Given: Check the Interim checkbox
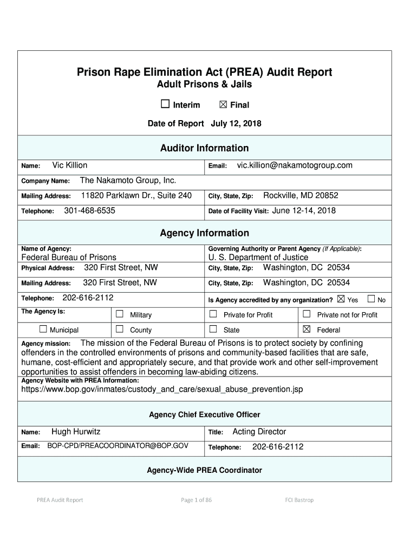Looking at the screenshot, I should click(x=165, y=104).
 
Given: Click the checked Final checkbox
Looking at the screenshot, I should click(x=223, y=104).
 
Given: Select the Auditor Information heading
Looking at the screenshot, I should click(x=205, y=148).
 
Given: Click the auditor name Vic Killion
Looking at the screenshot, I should click(x=69, y=165).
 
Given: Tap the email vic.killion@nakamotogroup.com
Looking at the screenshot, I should click(x=295, y=165).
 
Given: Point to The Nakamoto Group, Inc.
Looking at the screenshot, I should click(x=128, y=180).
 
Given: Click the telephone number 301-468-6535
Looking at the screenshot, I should click(x=89, y=210).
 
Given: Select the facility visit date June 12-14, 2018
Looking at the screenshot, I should click(x=304, y=210).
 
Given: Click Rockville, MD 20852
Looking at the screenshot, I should click(x=300, y=195).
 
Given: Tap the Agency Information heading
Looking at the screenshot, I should click(x=205, y=233).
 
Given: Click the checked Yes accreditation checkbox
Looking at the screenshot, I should click(x=341, y=299).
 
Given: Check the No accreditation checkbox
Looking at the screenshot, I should click(x=371, y=299).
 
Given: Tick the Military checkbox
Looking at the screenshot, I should click(x=119, y=314).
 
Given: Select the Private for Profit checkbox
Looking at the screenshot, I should click(x=213, y=314).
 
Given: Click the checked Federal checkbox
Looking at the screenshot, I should click(x=307, y=329).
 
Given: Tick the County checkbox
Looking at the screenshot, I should click(x=119, y=329).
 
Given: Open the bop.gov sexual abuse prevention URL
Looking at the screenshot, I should click(x=162, y=389).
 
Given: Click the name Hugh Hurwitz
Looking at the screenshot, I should click(x=76, y=431).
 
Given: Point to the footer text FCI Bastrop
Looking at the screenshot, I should click(x=299, y=500).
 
